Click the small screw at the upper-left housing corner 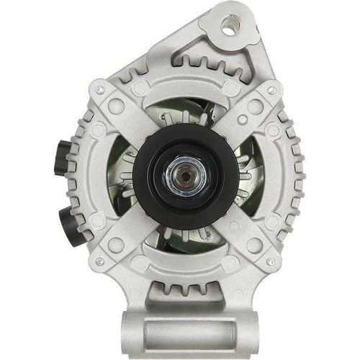tap(100, 90)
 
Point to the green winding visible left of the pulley tap(130, 176)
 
